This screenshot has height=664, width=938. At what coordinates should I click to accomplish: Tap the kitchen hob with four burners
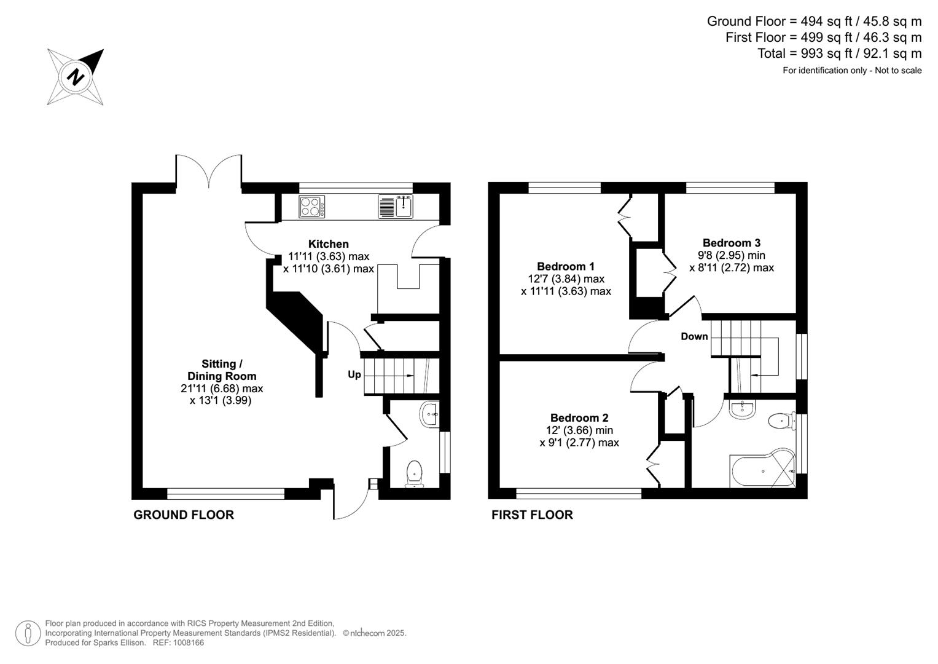(312, 207)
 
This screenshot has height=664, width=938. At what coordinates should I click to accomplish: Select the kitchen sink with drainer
(396, 207)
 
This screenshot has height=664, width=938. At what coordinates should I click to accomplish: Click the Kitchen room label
(328, 244)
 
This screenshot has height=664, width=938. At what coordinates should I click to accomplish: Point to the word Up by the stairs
(354, 374)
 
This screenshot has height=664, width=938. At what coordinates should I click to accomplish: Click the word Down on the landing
(694, 336)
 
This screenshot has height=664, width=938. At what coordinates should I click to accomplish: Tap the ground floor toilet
(415, 473)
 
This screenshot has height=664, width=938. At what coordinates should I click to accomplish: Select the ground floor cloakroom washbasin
(429, 415)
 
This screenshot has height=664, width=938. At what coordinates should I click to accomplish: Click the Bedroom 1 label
(565, 266)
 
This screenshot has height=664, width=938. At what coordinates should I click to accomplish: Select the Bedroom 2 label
(579, 417)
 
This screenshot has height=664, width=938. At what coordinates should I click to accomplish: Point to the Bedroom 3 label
(731, 243)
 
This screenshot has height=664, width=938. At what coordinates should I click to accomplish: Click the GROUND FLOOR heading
(184, 515)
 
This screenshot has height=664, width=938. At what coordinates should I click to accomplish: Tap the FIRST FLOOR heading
(532, 515)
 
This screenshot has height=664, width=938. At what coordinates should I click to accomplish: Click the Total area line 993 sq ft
(839, 53)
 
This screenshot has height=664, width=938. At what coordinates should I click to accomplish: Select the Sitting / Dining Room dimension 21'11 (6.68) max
(222, 389)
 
